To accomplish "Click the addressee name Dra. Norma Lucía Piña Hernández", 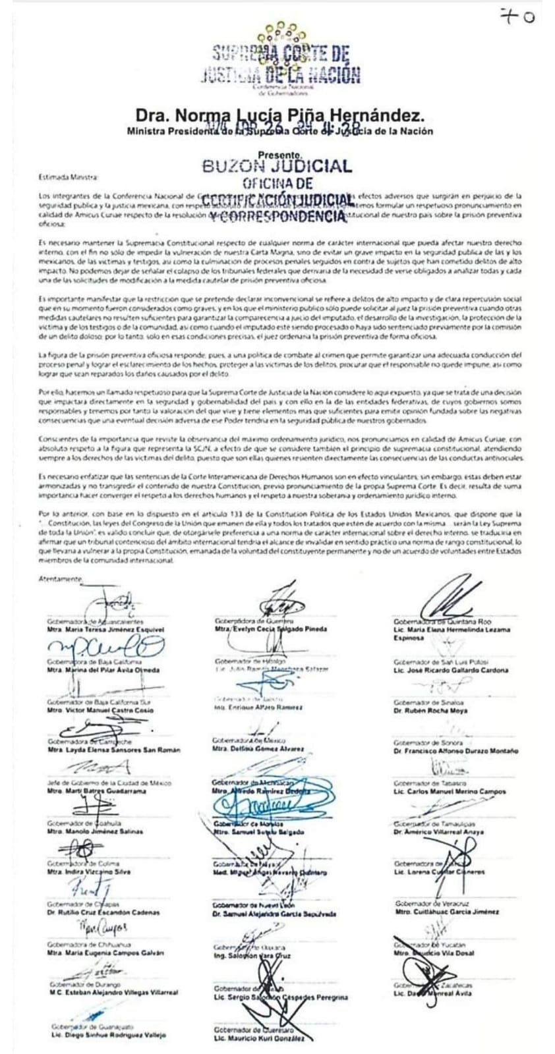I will (280, 116).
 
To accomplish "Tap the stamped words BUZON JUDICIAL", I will (277, 166).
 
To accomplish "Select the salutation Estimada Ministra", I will (68, 177).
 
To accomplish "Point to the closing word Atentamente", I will (60, 579).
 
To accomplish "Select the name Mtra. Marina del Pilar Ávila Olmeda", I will (104, 670).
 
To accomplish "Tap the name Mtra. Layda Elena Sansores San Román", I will (113, 750).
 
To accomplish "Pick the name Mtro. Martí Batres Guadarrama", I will (96, 790).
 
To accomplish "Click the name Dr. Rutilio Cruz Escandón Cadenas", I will (103, 912).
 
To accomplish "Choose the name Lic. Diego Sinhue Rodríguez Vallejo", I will (107, 1035).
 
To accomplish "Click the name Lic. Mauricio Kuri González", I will (258, 1038).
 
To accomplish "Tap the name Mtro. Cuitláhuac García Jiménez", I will (446, 912).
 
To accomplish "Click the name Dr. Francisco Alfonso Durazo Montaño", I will (455, 751).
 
